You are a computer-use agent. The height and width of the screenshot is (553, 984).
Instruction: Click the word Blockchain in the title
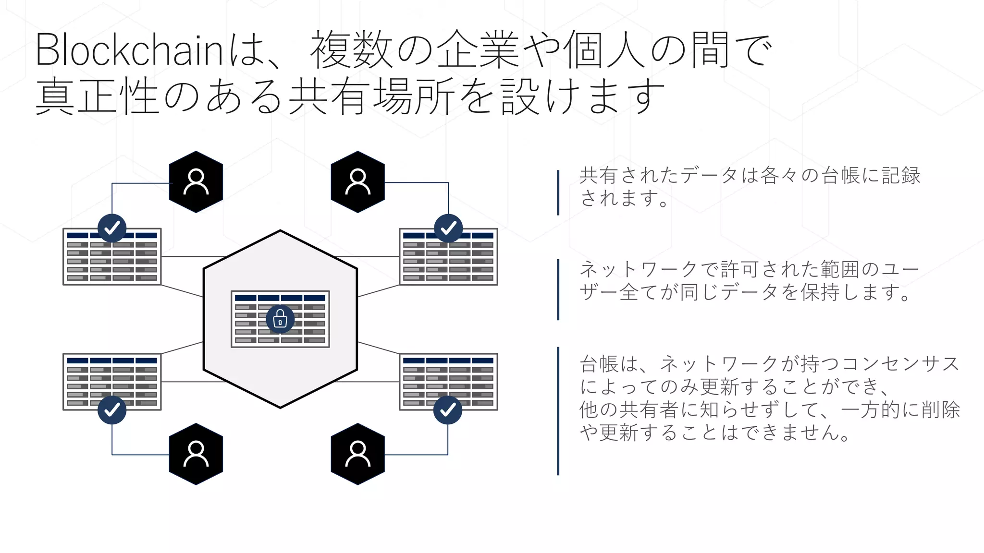(x=129, y=50)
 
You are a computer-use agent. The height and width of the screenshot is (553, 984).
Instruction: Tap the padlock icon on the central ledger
(x=280, y=319)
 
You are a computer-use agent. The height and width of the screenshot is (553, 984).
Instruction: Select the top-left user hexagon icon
(x=196, y=182)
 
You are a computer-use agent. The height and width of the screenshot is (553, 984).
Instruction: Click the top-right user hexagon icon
(x=358, y=182)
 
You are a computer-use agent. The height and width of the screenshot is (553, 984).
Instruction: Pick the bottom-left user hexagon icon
(x=196, y=454)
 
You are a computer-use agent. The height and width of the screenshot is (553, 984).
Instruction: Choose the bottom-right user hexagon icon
(x=358, y=454)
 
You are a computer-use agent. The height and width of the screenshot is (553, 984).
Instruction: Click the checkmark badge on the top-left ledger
(x=112, y=228)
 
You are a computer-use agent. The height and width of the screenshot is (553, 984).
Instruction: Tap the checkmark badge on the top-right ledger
(x=448, y=228)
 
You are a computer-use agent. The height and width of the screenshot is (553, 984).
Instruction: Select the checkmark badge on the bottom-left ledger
(x=112, y=410)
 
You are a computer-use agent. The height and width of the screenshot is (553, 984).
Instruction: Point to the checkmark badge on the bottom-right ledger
(x=448, y=410)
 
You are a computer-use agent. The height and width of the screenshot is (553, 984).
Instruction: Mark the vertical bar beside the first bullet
(x=558, y=192)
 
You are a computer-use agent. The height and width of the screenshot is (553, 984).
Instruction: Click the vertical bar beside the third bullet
(x=558, y=411)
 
